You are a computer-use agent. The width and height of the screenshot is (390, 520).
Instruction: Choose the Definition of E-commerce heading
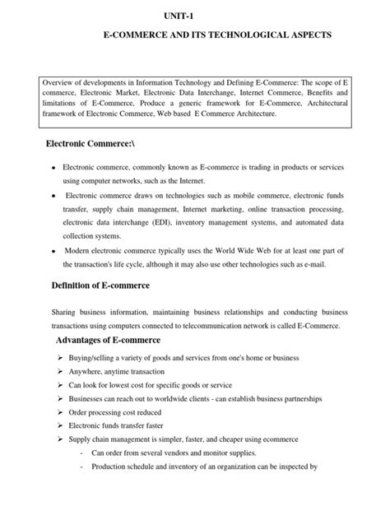click(x=103, y=285)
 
